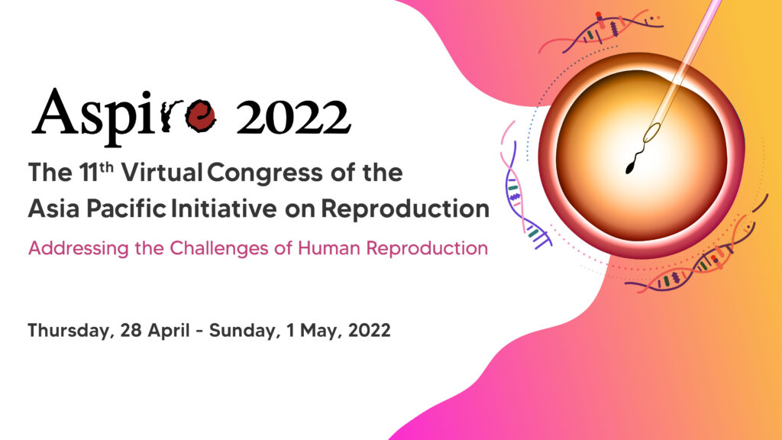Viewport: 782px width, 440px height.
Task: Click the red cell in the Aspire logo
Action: pyautogui.click(x=201, y=115)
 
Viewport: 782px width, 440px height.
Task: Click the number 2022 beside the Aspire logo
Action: pyautogui.click(x=293, y=117)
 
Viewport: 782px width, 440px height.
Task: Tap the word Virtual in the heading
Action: pyautogui.click(x=162, y=173)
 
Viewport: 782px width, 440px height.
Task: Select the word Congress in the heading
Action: pyautogui.click(x=265, y=173)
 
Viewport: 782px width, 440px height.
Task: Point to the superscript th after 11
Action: pyautogui.click(x=106, y=166)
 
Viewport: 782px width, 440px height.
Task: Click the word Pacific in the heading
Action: pyautogui.click(x=126, y=209)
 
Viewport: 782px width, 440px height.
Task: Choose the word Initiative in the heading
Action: pyautogui.click(x=224, y=209)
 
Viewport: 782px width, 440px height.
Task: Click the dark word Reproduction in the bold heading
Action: pyautogui.click(x=405, y=209)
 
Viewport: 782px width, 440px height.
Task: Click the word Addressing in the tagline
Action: pyautogui.click(x=79, y=248)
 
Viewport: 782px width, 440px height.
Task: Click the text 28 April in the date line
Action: pyautogui.click(x=154, y=331)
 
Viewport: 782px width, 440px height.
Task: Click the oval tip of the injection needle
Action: pyautogui.click(x=651, y=133)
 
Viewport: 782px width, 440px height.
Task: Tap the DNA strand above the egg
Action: pyautogui.click(x=601, y=31)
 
